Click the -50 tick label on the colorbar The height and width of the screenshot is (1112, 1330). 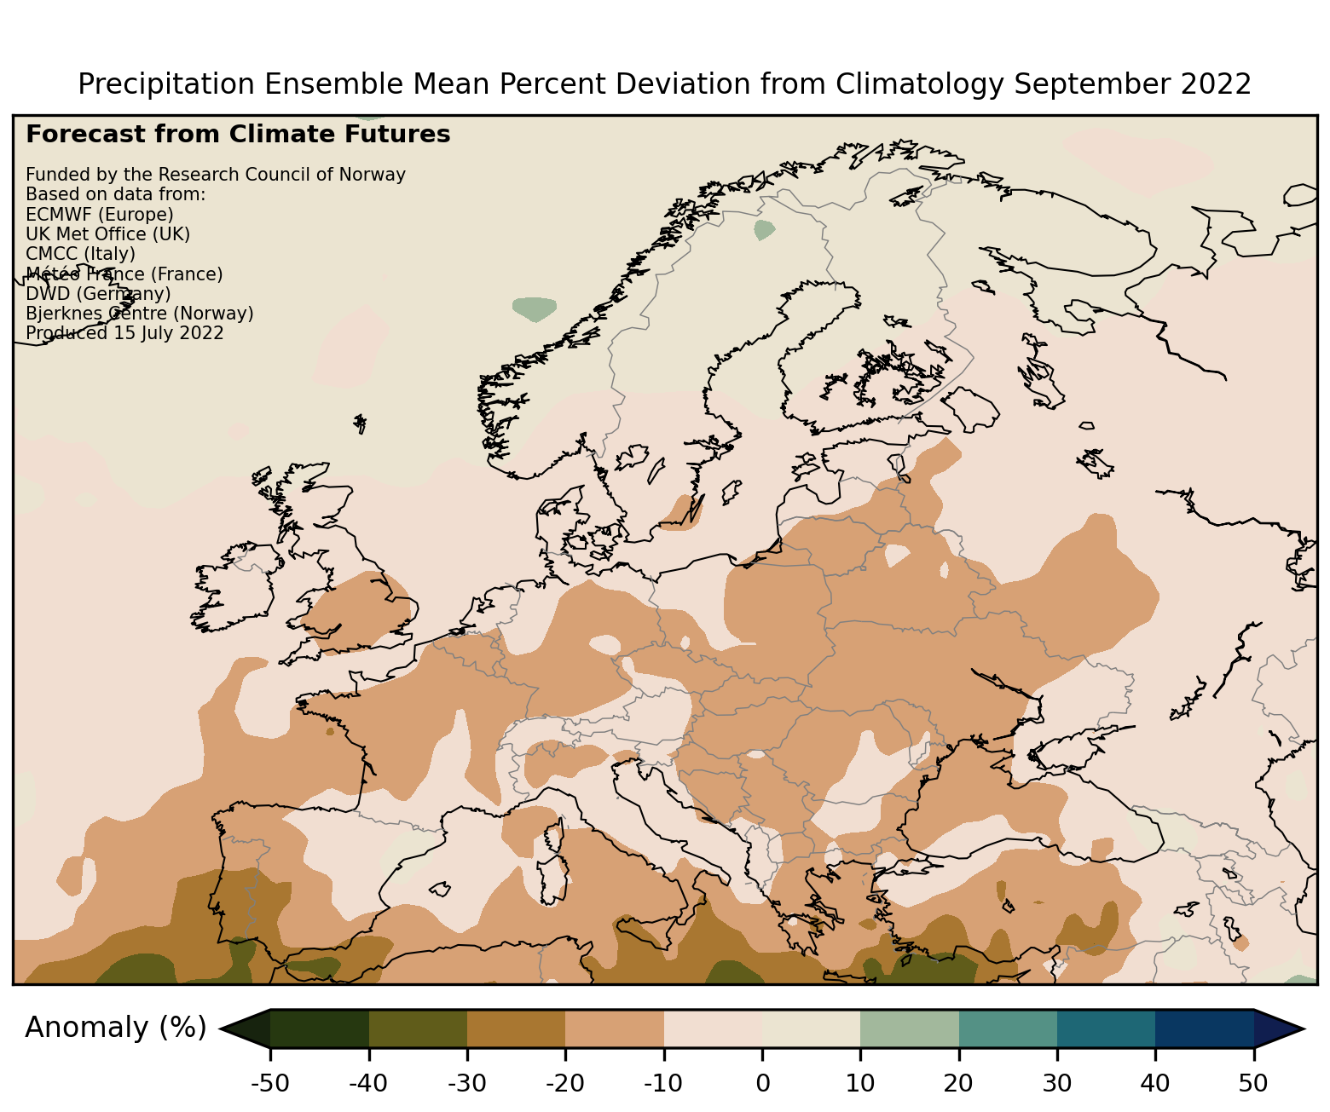click(x=270, y=1083)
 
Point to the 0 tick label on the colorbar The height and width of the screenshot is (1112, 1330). click(x=762, y=1083)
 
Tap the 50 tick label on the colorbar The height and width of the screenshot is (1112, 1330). click(x=1253, y=1083)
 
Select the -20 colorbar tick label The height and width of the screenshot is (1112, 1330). click(x=565, y=1083)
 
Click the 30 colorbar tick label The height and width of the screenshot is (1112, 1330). click(x=1056, y=1083)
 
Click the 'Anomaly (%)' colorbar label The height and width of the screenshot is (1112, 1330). click(x=115, y=1028)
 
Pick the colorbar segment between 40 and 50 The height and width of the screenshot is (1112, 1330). click(x=1204, y=1028)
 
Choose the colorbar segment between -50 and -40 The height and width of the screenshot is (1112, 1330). click(x=320, y=1028)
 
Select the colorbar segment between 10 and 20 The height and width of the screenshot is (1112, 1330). click(x=910, y=1028)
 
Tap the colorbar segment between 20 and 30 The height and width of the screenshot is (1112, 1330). click(x=1008, y=1028)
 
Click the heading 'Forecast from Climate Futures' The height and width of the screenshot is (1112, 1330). click(x=238, y=135)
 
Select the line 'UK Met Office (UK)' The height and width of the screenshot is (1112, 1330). click(x=107, y=234)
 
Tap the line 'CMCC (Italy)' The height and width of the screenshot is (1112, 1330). click(x=80, y=254)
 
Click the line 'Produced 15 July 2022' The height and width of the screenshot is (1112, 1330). click(x=124, y=333)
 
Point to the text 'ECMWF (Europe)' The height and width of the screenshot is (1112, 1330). click(x=100, y=215)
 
